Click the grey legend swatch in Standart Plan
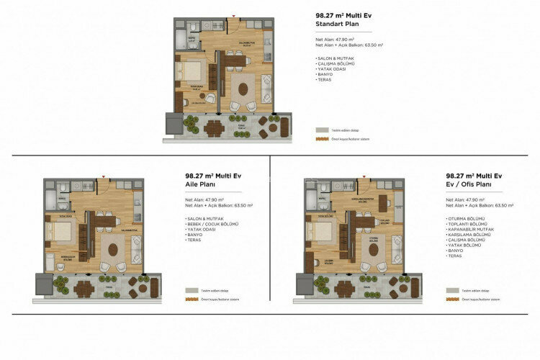tap(321, 130)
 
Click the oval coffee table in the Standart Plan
tap(243, 89)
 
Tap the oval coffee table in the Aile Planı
tap(113, 249)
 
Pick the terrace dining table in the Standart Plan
tap(214, 129)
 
